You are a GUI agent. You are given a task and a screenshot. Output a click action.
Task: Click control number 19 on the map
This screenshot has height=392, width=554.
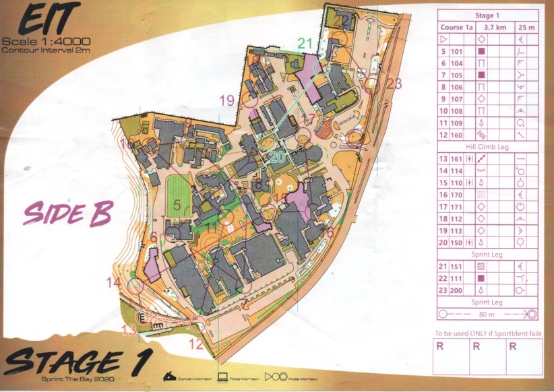pyautogui.click(x=226, y=100)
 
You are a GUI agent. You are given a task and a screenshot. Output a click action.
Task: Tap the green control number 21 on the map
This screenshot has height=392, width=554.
pyautogui.click(x=305, y=44)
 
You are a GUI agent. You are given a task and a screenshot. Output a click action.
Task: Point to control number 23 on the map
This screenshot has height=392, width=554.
pyautogui.click(x=394, y=84)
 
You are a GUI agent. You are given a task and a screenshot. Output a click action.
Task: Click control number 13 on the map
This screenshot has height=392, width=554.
pyautogui.click(x=128, y=329)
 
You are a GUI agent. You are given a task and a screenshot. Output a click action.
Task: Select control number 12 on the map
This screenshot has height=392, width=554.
pyautogui.click(x=195, y=344)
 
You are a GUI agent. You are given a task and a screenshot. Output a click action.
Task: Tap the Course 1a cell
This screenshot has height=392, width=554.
pyautogui.click(x=456, y=28)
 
